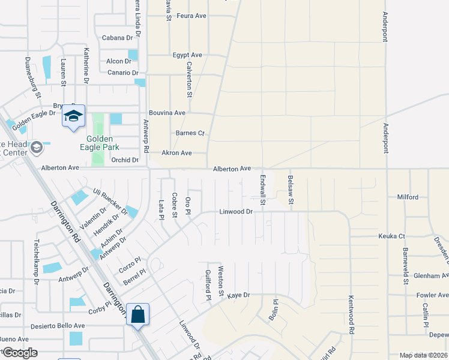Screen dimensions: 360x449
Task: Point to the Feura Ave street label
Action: pos(191,16)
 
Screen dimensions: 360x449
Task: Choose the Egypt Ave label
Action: pos(187,55)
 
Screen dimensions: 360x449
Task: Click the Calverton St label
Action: pos(189,80)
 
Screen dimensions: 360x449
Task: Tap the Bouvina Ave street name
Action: pos(167,113)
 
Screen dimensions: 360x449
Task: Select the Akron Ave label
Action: pos(176,153)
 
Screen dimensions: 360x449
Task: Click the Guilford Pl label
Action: pos(208,284)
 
